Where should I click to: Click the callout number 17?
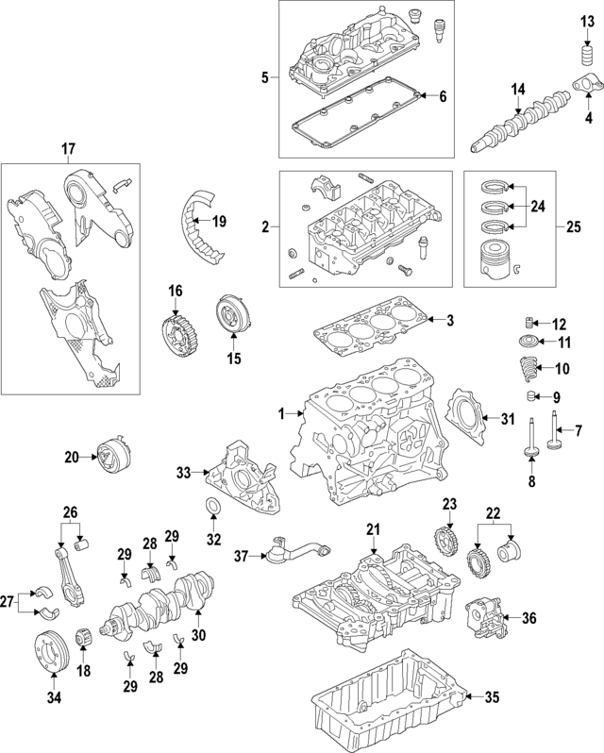pyautogui.click(x=68, y=148)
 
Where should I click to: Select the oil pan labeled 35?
pyautogui.click(x=378, y=698)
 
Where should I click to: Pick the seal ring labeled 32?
pyautogui.click(x=214, y=510)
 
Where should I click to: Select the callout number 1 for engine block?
pyautogui.click(x=280, y=412)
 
